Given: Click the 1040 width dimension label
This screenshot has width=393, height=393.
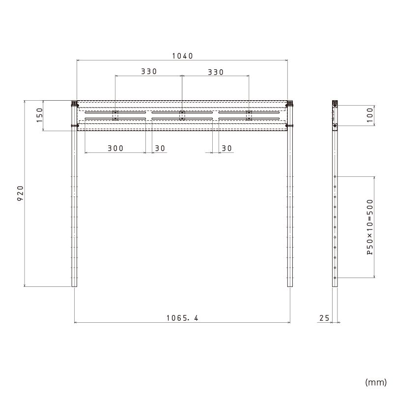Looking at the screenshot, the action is (x=182, y=56).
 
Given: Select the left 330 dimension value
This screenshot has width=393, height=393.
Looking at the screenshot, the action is (x=149, y=71).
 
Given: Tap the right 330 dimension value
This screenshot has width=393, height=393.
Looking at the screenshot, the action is (x=216, y=72).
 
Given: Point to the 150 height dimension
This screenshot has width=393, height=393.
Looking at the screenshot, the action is (x=40, y=115).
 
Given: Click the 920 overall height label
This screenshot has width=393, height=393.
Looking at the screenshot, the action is (x=20, y=193).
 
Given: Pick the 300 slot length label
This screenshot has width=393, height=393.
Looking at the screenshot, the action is (x=115, y=148).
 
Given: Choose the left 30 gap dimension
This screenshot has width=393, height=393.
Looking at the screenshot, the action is (x=160, y=148).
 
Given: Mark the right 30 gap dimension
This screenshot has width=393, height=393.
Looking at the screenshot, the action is (x=226, y=148).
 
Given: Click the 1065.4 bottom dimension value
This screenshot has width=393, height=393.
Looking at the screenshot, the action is (x=182, y=318).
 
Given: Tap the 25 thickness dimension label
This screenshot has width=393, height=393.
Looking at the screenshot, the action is (x=324, y=318).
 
